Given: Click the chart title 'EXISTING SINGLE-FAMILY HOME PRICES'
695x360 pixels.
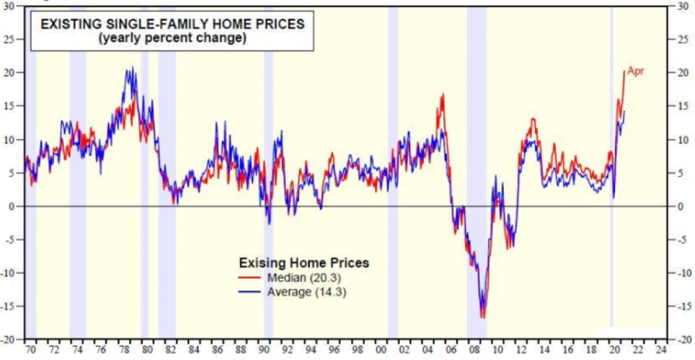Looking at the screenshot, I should click(x=172, y=24).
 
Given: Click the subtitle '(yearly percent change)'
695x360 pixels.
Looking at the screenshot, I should click(x=172, y=39).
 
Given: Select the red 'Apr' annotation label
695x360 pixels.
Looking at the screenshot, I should click(x=636, y=71).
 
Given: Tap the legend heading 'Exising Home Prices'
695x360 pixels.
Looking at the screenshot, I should click(x=304, y=263).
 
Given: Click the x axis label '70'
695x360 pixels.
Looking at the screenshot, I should click(x=30, y=350).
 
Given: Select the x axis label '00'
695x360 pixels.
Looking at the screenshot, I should click(x=381, y=350).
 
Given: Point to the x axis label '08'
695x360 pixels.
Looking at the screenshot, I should click(x=474, y=350).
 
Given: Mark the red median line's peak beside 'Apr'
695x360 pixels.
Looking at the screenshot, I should click(x=624, y=72).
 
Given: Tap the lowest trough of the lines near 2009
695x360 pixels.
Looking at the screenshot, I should click(x=482, y=317).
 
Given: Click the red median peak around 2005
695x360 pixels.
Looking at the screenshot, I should click(x=442, y=95).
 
